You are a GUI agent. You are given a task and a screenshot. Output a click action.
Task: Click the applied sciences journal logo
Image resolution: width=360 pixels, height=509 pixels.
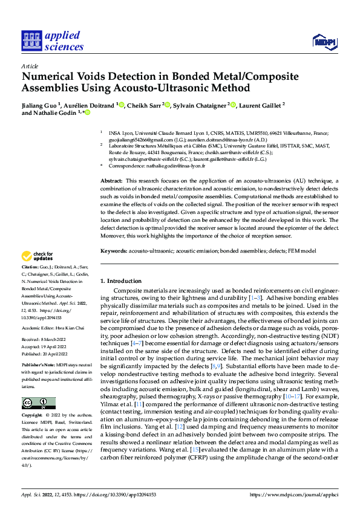53,41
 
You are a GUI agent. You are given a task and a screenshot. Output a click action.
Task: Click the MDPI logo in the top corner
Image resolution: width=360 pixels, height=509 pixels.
322,41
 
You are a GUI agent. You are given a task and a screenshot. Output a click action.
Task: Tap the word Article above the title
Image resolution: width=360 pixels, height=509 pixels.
30,66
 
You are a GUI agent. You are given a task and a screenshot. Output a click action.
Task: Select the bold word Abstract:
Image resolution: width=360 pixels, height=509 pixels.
111,181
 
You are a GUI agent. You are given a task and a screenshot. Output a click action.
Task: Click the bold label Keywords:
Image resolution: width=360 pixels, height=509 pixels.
113,250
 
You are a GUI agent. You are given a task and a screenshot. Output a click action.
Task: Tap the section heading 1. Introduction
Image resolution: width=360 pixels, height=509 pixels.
120,281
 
